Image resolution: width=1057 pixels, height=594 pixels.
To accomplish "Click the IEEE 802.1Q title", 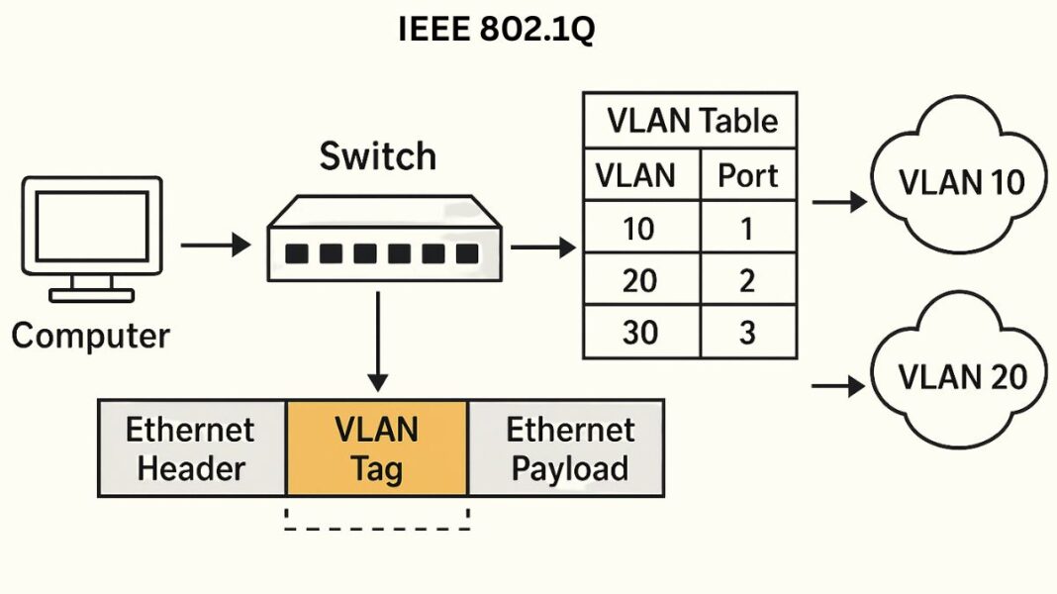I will (497, 31).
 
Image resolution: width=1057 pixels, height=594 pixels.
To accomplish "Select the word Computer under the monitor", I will (90, 336).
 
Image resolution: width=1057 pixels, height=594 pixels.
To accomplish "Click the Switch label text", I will (377, 156).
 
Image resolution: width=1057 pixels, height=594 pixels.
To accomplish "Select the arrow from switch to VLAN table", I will (542, 247).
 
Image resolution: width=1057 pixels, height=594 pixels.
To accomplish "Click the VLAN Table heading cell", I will (691, 121).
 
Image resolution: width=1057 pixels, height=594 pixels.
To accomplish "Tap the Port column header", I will (747, 175).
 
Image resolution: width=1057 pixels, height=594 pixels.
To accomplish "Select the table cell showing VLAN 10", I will (640, 229).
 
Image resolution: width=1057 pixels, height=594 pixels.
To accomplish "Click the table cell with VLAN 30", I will (640, 333).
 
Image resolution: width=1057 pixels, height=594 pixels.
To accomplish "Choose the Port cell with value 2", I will (747, 280).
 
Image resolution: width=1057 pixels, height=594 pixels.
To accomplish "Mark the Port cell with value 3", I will (747, 333).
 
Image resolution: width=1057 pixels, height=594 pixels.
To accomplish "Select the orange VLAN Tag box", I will (376, 448).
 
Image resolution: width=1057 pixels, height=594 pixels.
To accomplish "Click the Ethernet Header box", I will (191, 448).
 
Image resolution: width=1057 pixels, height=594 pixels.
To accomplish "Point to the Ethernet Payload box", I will (568, 448).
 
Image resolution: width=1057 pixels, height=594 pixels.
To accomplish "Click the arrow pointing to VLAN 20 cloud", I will (837, 386).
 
